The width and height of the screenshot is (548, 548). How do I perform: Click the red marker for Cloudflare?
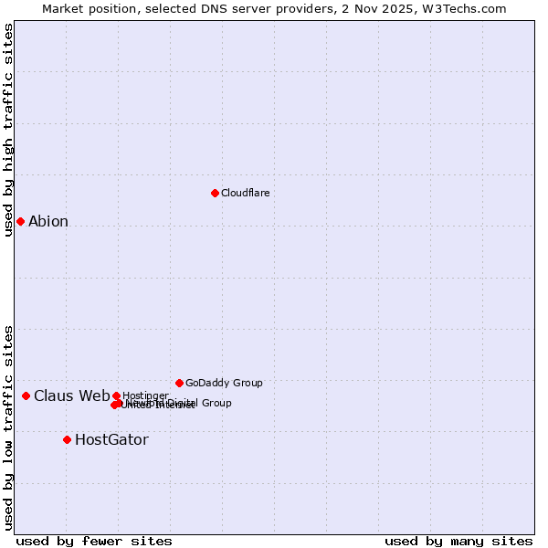(215, 193)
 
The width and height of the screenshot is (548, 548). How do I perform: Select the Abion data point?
(20, 221)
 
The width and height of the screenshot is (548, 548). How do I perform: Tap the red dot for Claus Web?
(26, 395)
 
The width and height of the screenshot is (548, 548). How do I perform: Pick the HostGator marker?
(67, 439)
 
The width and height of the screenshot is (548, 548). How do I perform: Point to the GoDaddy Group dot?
(179, 383)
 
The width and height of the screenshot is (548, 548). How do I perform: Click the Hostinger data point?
(116, 395)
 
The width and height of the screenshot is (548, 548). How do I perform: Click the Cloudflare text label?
(245, 193)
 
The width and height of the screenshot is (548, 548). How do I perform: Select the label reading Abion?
(48, 221)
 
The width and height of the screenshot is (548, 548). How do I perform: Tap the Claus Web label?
(71, 395)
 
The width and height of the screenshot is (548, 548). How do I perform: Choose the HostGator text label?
(111, 439)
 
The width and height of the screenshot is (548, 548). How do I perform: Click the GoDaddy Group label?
(224, 383)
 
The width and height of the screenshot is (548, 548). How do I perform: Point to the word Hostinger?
(145, 395)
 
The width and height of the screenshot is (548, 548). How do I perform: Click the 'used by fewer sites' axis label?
(94, 541)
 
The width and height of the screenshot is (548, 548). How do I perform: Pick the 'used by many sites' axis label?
(458, 541)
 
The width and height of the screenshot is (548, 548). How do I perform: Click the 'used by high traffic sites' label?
(8, 130)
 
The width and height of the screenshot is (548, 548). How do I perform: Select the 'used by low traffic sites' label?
(8, 427)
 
